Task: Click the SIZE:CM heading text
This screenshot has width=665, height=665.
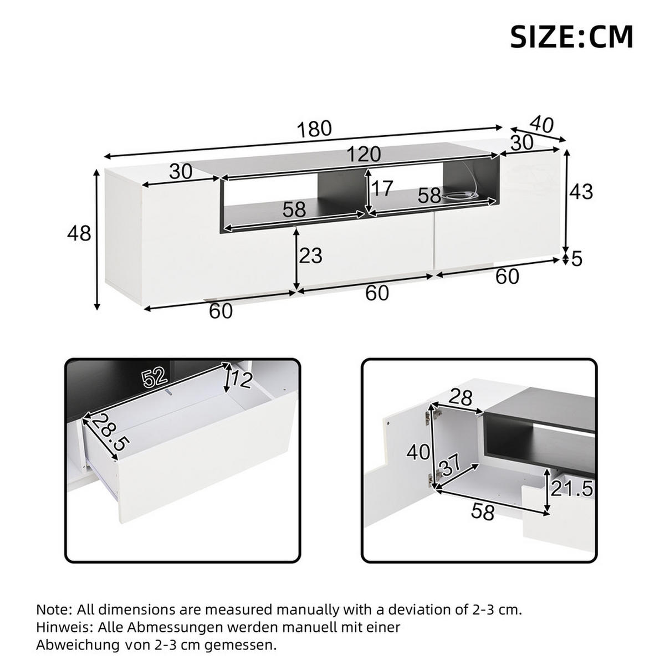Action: click(x=571, y=37)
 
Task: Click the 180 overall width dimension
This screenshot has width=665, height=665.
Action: click(x=314, y=129)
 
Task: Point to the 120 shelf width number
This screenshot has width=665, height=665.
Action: click(x=364, y=155)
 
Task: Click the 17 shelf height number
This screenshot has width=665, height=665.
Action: click(x=382, y=189)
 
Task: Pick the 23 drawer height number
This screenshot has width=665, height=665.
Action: click(x=310, y=255)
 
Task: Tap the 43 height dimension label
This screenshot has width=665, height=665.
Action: click(x=581, y=192)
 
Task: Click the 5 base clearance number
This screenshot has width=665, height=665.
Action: click(x=577, y=259)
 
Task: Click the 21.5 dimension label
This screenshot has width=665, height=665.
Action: click(x=572, y=489)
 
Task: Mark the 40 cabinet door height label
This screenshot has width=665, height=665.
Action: click(x=418, y=452)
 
